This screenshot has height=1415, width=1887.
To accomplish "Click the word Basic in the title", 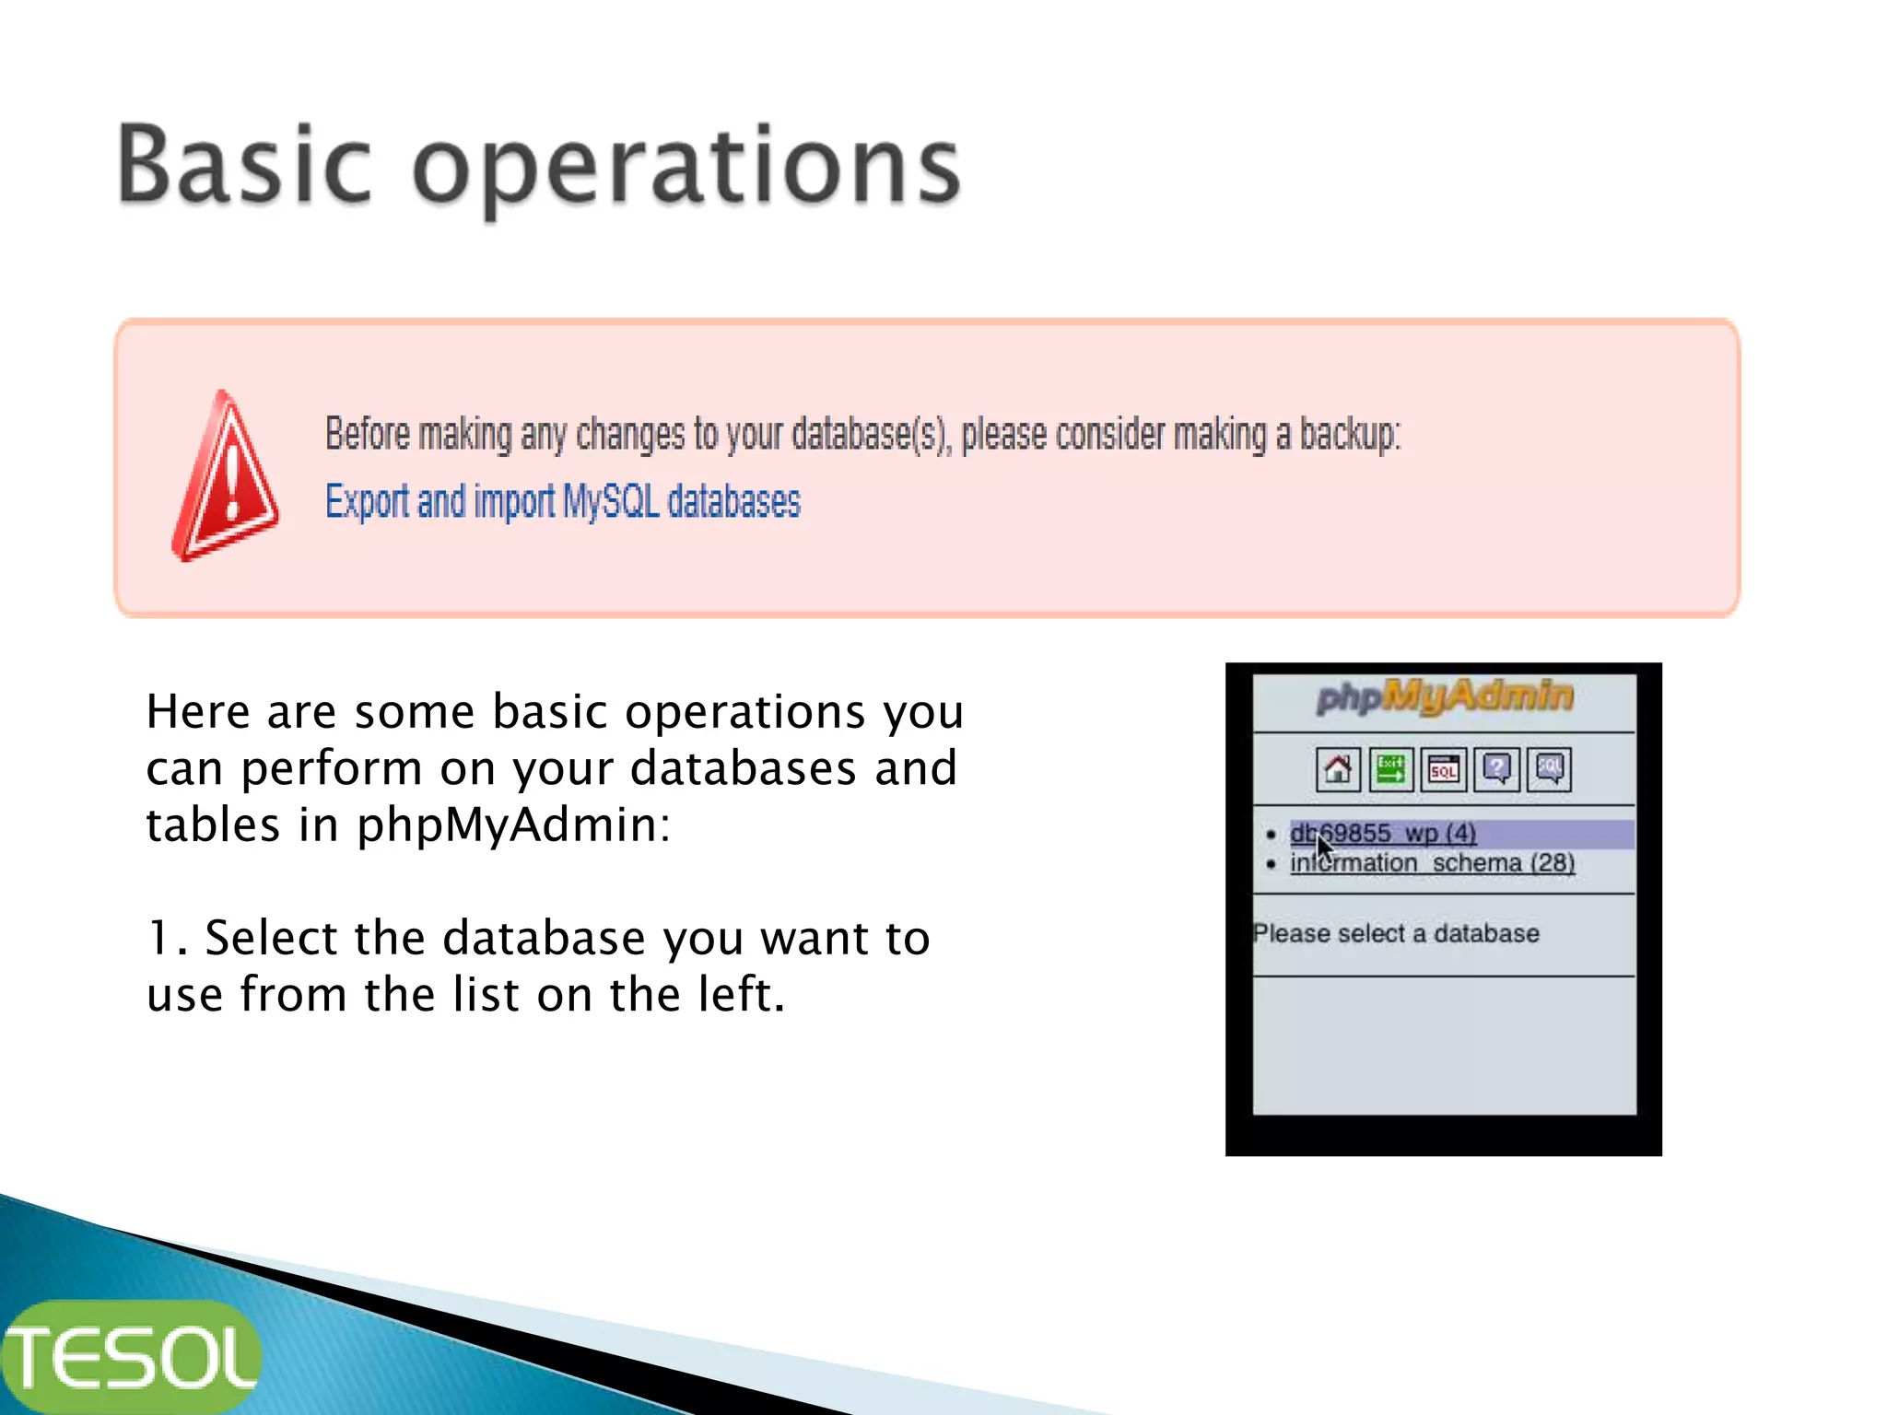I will pos(244,166).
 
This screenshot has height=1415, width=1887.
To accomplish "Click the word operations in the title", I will pos(686,170).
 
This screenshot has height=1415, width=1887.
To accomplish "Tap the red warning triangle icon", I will pos(224,477).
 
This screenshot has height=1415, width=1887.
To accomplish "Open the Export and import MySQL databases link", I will pos(562,502).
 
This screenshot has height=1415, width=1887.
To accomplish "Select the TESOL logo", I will pos(132,1357).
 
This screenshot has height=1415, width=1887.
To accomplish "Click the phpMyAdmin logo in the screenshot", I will pos(1444,697).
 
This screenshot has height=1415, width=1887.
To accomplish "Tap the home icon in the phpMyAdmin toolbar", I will pos(1338,769).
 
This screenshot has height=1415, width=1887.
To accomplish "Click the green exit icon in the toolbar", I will pos(1390,769).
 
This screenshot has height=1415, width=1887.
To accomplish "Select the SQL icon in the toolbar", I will pos(1443,769).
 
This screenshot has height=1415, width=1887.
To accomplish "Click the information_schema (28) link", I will pos(1432,863).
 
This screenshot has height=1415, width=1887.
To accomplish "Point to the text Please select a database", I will pos(1396,933).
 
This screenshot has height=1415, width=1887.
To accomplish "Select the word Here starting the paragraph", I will pos(198,712).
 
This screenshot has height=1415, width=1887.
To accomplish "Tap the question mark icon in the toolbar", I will pos(1496,769).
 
